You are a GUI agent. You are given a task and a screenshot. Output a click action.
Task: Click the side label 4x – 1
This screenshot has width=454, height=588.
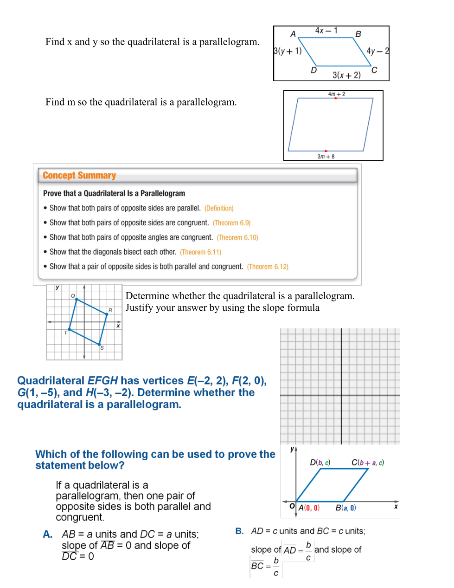tap(326, 31)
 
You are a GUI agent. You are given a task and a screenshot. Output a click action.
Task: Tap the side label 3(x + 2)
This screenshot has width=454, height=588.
tap(346, 75)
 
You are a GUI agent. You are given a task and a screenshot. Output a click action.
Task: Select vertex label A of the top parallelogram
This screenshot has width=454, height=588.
tap(293, 34)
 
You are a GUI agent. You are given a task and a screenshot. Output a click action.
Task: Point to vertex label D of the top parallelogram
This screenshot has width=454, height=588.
tap(313, 70)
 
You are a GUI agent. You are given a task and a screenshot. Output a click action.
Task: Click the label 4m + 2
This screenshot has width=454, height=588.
tap(337, 94)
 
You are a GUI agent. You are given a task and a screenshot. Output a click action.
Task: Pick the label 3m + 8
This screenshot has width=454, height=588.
tap(326, 157)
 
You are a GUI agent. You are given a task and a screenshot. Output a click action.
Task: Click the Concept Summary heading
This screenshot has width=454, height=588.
tap(79, 176)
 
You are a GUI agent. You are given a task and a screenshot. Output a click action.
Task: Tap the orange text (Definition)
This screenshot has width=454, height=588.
tap(219, 209)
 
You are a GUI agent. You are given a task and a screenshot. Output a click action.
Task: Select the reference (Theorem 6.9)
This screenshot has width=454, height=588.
tap(231, 223)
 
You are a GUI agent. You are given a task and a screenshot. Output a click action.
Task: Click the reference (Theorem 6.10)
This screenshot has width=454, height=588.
tap(237, 237)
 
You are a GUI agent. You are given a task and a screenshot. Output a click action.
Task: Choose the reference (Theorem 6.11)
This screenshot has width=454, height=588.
tap(200, 252)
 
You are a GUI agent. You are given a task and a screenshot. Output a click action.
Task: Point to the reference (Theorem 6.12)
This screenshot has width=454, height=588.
tap(268, 267)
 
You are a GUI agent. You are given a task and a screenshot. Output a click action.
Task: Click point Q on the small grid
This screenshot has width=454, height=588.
tap(77, 300)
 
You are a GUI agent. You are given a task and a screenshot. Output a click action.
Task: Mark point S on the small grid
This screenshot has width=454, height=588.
tap(100, 344)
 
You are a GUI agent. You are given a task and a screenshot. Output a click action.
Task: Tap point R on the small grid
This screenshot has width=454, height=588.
tap(107, 314)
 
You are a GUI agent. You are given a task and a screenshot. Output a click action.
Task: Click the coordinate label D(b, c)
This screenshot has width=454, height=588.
tap(320, 463)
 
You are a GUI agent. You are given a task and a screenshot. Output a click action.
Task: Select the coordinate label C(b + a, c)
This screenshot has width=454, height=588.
tap(368, 463)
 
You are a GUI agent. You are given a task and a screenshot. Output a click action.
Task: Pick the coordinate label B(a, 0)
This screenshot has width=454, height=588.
tap(345, 508)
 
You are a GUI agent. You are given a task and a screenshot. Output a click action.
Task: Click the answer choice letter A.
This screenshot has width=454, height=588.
tap(48, 534)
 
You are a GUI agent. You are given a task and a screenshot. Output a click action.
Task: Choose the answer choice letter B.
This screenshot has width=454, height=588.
tap(239, 531)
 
